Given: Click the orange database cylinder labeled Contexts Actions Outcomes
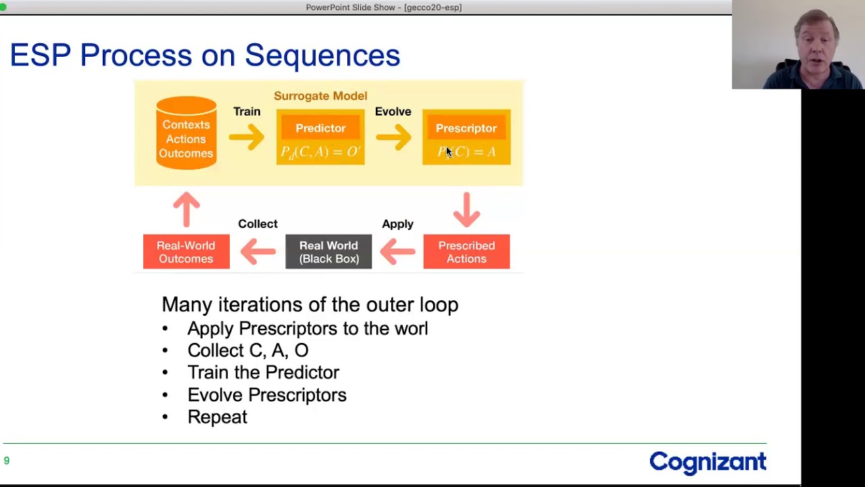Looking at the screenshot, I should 186,133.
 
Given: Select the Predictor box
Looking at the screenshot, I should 320,137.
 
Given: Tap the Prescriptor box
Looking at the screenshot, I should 466,137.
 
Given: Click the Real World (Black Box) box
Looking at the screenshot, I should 328,252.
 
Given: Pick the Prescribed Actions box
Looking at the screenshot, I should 466,252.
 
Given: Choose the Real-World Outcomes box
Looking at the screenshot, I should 186,252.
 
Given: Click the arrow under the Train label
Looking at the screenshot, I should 247,137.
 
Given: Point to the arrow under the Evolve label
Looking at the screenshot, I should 393,137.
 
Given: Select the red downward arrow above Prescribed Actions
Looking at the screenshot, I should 466,208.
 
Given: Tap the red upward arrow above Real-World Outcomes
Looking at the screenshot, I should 186,208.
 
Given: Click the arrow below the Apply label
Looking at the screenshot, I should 397,252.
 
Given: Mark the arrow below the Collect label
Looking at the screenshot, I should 257,252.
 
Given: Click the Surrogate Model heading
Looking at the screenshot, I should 320,96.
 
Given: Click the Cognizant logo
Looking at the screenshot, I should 708,462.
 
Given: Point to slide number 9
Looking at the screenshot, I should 7,461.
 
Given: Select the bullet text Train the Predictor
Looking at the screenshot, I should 263,373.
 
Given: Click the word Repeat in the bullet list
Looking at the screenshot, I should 217,417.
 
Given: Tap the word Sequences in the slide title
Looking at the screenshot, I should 322,55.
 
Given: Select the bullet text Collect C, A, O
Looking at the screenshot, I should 247,350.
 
